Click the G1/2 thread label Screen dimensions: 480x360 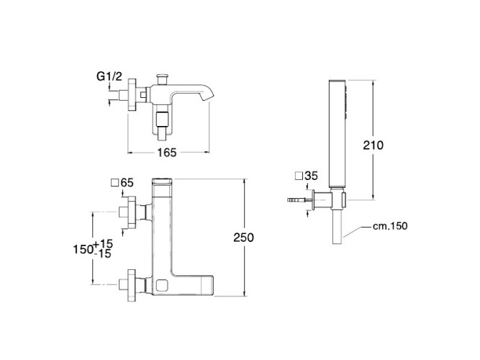pos(109,76)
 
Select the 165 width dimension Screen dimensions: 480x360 pos(167,153)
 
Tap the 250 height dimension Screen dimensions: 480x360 pos(244,238)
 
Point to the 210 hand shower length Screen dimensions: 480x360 pos(373,145)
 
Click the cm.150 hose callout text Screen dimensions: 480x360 pos(390,226)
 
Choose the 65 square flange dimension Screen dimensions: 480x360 pos(127,183)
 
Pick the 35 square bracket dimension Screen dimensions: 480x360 pos(312,176)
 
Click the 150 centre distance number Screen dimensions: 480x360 pos(83,249)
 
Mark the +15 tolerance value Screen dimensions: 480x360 pos(103,244)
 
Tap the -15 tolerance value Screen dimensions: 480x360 pos(103,254)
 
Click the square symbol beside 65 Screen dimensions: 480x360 pos(115,183)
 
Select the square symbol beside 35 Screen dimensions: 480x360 pos(299,176)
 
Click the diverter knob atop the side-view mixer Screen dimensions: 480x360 pos(162,78)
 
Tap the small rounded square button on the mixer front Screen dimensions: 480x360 pos(162,286)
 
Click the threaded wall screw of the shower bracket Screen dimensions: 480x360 pos(299,200)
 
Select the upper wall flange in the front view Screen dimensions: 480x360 pos(132,212)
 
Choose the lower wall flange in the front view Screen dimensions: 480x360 pos(132,285)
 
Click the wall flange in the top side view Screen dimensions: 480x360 pos(132,94)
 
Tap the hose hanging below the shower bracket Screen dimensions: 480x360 pos(337,227)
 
